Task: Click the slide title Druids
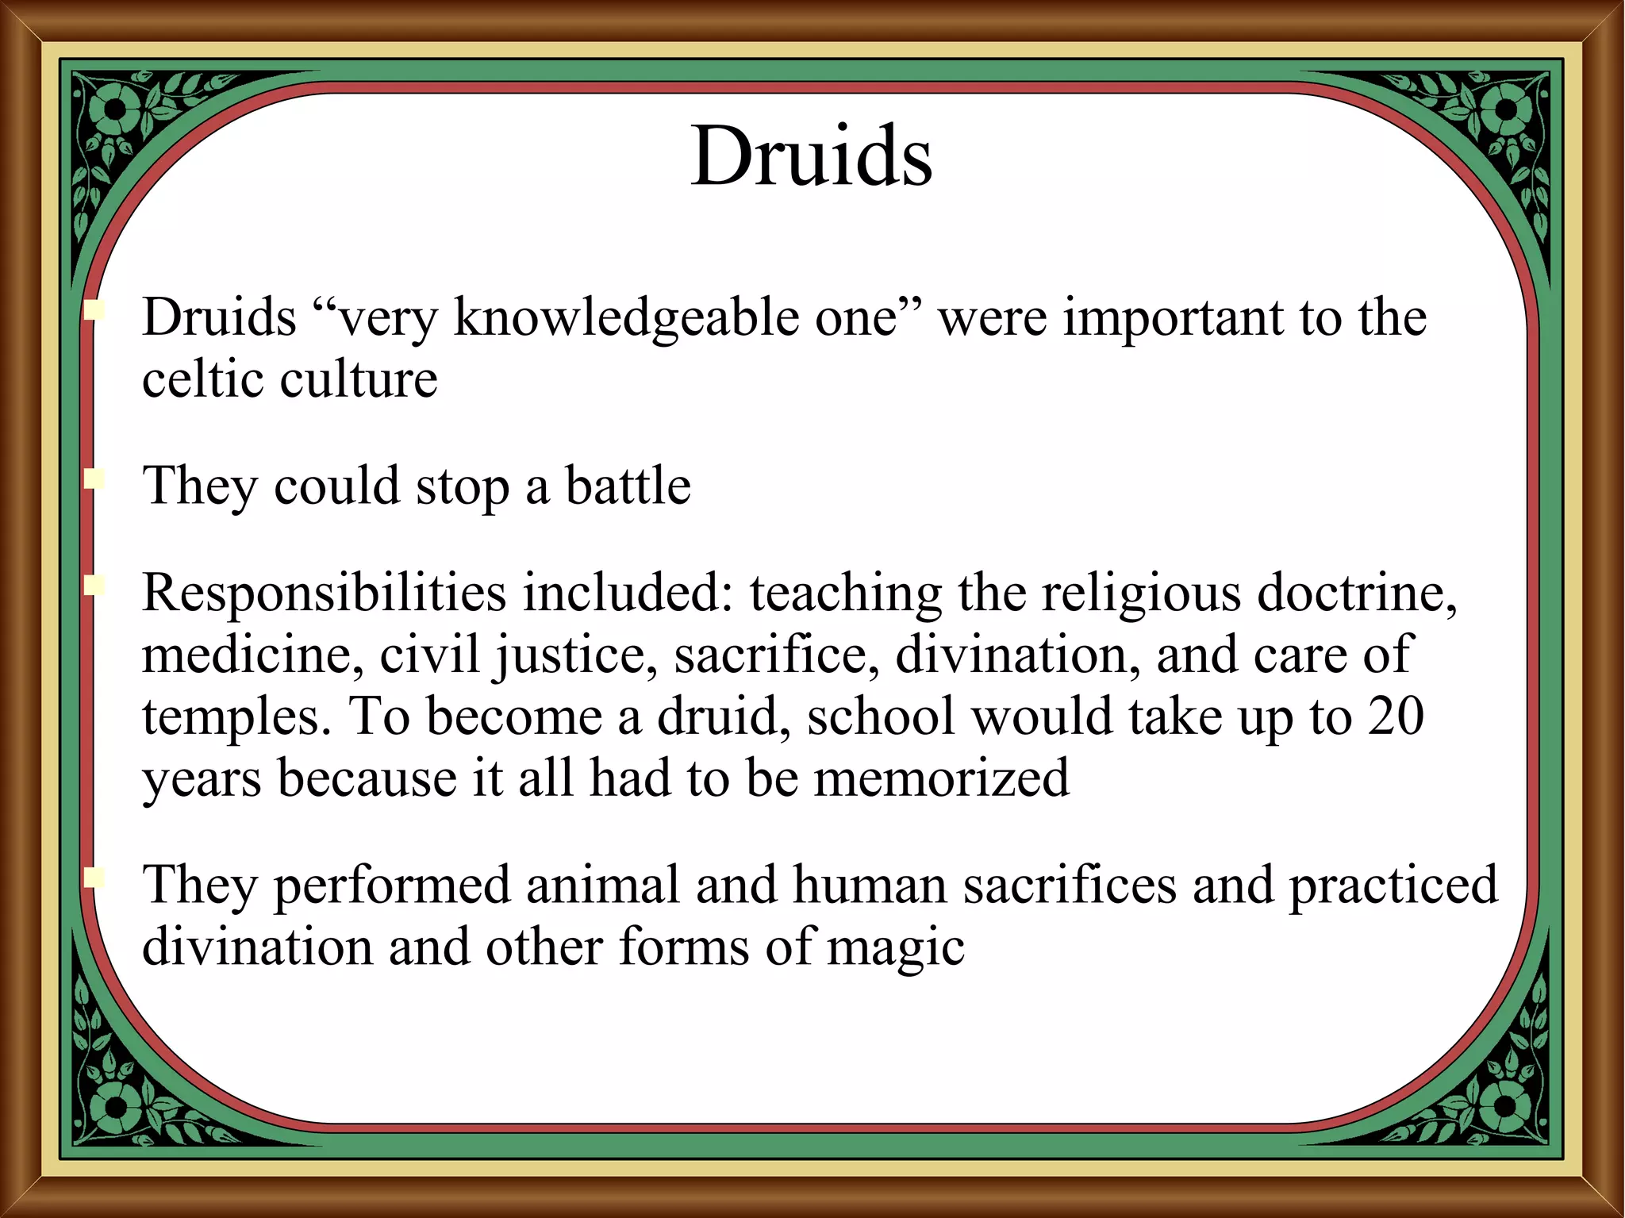click(811, 157)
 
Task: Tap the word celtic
click(202, 378)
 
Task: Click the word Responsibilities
click(324, 593)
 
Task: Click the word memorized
click(941, 778)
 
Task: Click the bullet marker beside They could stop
click(95, 479)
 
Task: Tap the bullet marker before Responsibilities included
click(95, 586)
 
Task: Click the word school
click(881, 716)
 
